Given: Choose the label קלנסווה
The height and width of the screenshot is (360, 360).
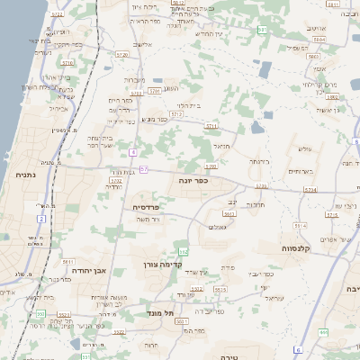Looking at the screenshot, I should [x=296, y=248].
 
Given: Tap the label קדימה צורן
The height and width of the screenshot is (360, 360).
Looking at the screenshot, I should [x=162, y=265].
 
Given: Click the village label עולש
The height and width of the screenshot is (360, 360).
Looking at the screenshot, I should [x=303, y=148].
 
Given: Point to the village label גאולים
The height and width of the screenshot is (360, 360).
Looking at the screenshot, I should [x=217, y=227].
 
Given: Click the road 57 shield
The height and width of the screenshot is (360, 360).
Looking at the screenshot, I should [x=144, y=168].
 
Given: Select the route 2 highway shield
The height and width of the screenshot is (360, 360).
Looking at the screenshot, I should [x=40, y=218].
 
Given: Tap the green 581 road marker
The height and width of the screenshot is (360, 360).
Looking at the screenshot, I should [x=262, y=30].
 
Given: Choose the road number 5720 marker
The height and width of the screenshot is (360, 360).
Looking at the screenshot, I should [x=122, y=54].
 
